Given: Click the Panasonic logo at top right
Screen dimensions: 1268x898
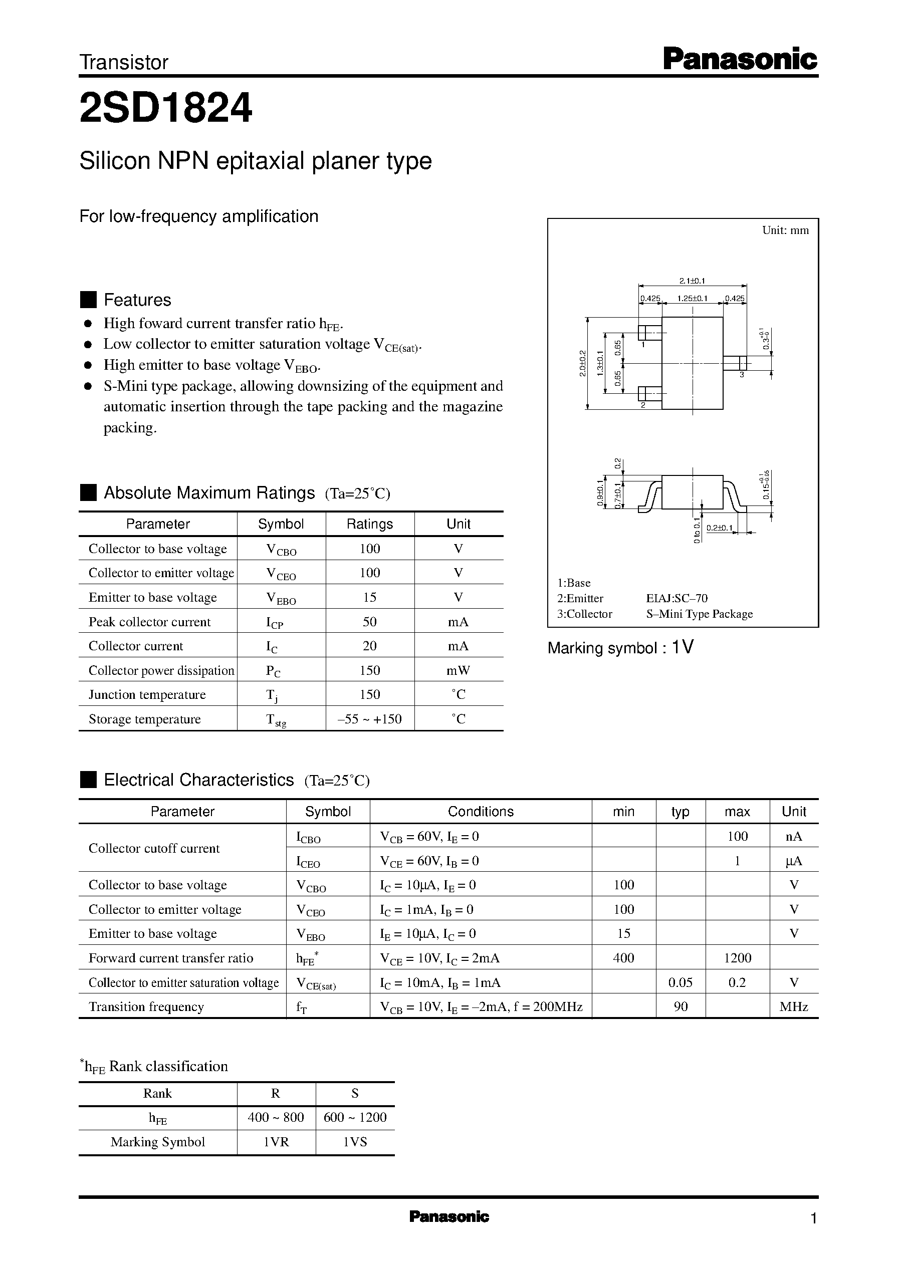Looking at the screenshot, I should coord(739,59).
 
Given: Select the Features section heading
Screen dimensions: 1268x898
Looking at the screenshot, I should coord(137,300).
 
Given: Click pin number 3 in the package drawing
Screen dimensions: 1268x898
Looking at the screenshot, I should coord(742,375).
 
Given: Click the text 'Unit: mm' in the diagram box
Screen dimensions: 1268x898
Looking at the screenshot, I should coord(785,230).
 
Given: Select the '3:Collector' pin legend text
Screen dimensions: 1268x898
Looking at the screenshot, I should coord(584,614).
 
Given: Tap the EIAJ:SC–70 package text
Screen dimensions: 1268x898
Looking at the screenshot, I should coord(677,598).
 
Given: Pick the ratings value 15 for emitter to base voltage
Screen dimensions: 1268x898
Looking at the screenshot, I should coord(369,597).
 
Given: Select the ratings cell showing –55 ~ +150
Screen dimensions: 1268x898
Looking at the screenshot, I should coord(369,718).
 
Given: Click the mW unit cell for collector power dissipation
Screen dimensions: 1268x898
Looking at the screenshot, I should coord(458,670).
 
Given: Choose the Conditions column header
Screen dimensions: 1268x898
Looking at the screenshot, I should coord(480,812).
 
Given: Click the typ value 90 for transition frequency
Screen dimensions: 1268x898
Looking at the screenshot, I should coord(680,1006).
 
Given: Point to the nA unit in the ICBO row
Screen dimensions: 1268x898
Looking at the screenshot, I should coord(793,836).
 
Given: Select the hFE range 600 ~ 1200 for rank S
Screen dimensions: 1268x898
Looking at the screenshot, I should coord(354,1117).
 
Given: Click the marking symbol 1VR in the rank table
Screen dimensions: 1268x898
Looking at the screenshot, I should coord(276,1141).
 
